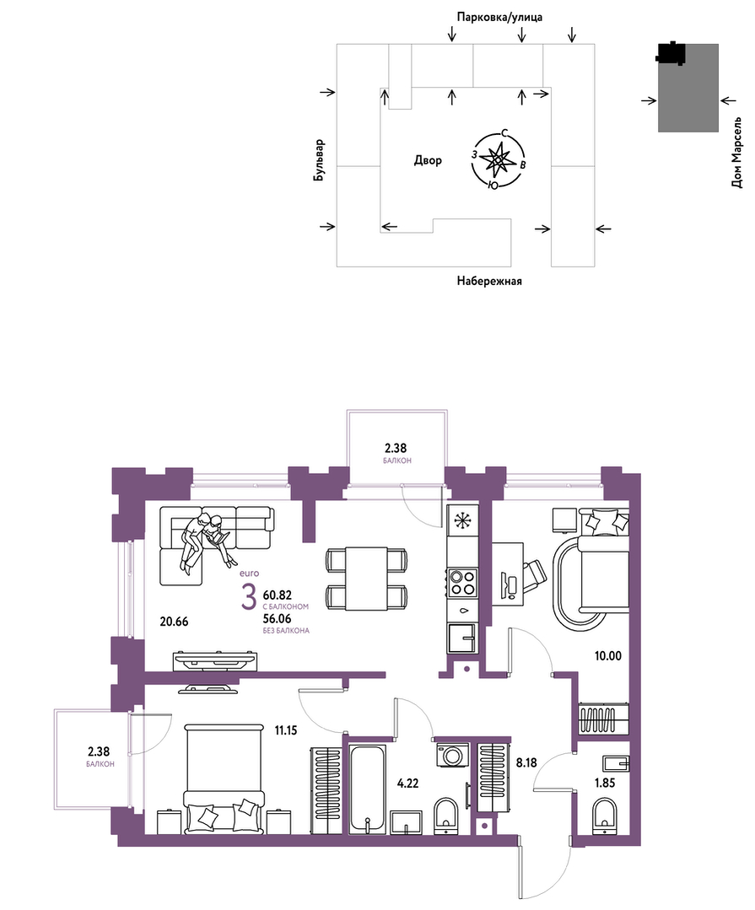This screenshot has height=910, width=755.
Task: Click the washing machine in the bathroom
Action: [451, 757]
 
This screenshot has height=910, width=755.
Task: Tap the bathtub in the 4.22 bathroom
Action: [367, 790]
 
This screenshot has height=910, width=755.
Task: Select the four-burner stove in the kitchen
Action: [462, 583]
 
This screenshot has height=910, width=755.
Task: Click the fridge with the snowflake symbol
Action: [463, 520]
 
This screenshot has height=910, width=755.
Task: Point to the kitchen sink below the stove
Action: [462, 639]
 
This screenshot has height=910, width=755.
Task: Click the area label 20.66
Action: [174, 622]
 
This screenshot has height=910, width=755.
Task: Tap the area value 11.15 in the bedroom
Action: [285, 730]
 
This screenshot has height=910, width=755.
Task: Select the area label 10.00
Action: [607, 656]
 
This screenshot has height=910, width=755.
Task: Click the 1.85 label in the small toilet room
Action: [605, 783]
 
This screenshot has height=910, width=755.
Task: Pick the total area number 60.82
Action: [278, 595]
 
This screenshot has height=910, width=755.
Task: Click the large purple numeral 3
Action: [248, 598]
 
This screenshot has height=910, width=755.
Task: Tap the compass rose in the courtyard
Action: [498, 159]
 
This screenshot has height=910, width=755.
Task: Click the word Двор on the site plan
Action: [428, 160]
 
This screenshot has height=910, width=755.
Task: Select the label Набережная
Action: [489, 281]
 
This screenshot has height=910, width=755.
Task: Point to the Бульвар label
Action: [319, 159]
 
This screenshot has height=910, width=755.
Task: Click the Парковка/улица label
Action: [499, 17]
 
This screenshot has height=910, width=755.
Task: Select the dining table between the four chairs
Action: [366, 578]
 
